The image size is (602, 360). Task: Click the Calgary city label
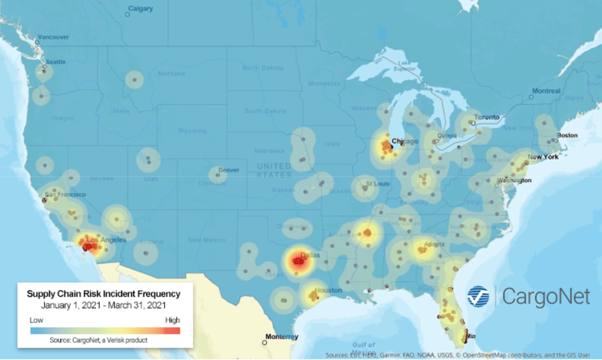[140, 8]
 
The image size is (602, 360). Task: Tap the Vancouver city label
[53, 37]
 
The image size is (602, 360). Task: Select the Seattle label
[55, 62]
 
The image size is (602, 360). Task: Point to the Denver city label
[228, 170]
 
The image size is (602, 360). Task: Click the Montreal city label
[546, 91]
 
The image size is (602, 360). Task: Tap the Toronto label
[486, 117]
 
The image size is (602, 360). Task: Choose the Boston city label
[567, 135]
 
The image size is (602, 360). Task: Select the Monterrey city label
[282, 336]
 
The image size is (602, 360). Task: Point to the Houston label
[328, 290]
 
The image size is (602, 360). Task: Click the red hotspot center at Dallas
[298, 261]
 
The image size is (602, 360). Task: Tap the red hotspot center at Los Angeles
[89, 246]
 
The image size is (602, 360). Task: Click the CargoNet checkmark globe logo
[478, 296]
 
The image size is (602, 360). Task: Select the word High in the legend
[172, 320]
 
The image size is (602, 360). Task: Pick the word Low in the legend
[36, 320]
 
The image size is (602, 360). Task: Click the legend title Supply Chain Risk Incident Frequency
[103, 294]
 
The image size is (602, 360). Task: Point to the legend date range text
[103, 305]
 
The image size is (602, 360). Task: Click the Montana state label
[171, 73]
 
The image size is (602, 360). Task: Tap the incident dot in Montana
[134, 80]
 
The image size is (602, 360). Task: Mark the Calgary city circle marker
[127, 14]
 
